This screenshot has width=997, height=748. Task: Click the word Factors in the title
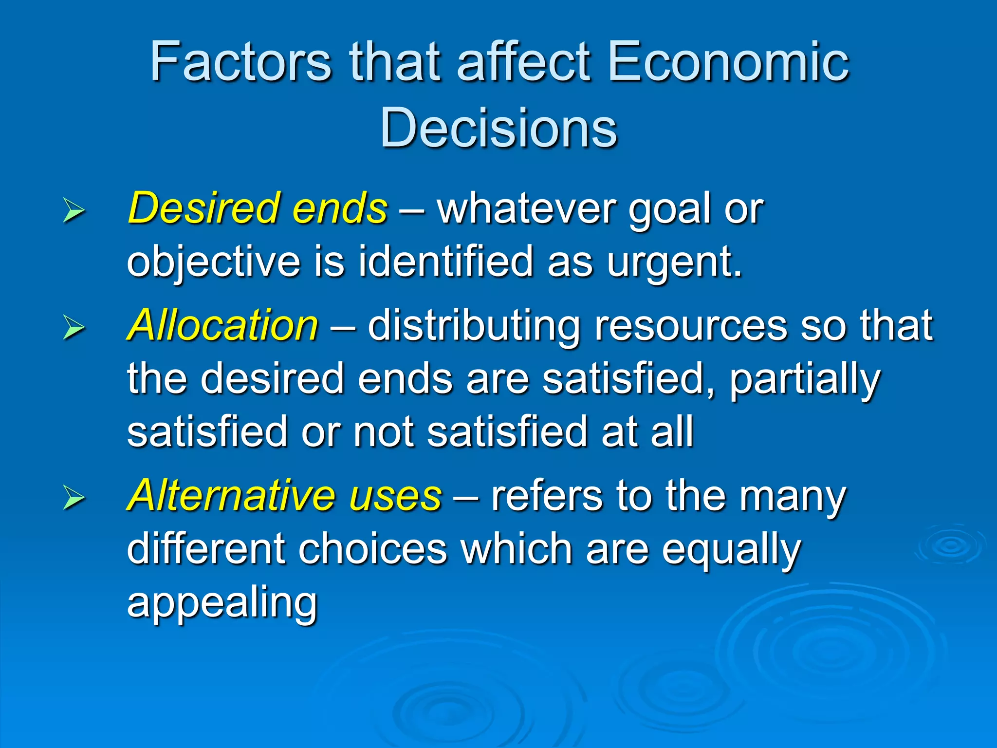pos(240,62)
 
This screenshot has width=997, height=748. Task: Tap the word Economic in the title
pos(728,62)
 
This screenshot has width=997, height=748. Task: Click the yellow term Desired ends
pos(258,208)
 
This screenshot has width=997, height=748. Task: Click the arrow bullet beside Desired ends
pos(74,211)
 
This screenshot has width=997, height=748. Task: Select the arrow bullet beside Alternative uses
pos(74,499)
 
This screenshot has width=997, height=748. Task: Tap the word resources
pos(690,325)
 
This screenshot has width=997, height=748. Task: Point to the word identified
pos(445,262)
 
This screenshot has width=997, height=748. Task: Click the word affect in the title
pos(524,62)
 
